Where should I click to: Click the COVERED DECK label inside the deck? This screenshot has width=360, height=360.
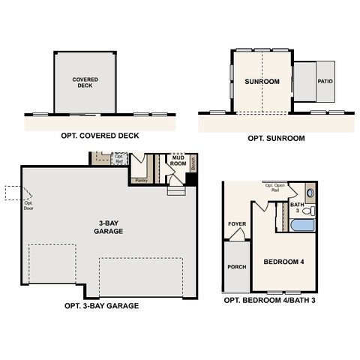[x=85, y=82]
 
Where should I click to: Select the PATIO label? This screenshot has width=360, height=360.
[x=324, y=81]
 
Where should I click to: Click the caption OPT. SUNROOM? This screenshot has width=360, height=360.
[x=275, y=139]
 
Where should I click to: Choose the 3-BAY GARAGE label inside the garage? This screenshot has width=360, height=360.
[x=109, y=226]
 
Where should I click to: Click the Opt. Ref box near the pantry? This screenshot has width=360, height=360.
[x=119, y=158]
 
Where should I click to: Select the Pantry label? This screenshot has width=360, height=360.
[x=140, y=180]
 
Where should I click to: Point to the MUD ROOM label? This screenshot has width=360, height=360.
[x=178, y=159]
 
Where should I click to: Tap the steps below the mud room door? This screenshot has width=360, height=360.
[x=176, y=192]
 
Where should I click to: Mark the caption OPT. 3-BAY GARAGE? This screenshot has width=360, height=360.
[x=102, y=306]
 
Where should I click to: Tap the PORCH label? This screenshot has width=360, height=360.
[x=236, y=266]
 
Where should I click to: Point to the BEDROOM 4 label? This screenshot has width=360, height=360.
[x=285, y=262]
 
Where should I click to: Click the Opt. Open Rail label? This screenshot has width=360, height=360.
[x=274, y=186]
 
